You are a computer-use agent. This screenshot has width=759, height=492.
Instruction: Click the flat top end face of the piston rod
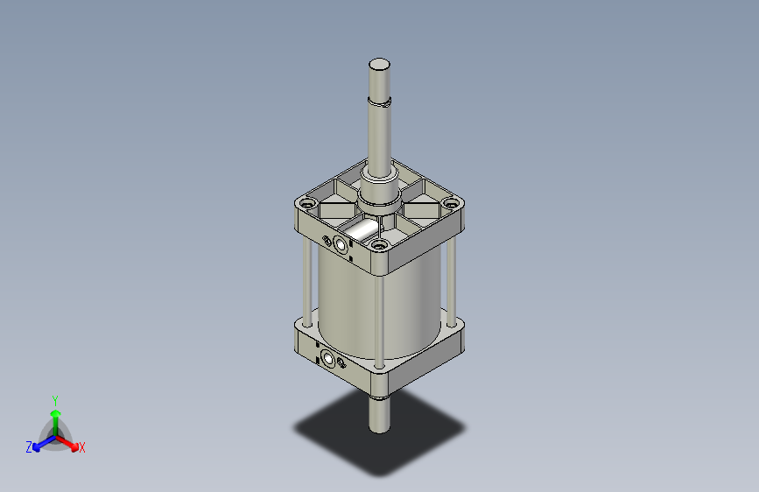[x=379, y=64]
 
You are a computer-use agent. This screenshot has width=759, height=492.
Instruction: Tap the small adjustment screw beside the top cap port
[x=327, y=240]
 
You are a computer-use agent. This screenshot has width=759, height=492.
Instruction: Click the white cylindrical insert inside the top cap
[x=359, y=231]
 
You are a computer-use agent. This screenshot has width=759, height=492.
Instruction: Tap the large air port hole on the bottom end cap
[x=329, y=358]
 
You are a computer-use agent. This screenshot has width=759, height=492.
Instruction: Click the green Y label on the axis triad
[x=54, y=399]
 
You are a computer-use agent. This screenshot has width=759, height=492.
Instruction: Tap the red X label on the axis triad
[x=81, y=448]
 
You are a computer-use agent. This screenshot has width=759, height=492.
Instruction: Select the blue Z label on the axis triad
[x=29, y=447]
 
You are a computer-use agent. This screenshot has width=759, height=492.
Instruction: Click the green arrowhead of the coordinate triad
[x=54, y=412]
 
